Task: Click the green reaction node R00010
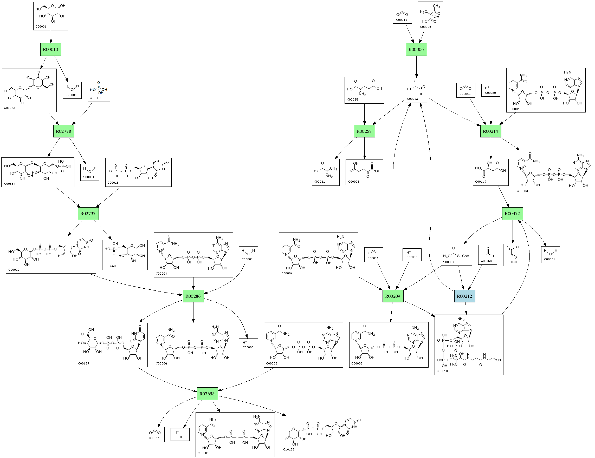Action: click(x=50, y=50)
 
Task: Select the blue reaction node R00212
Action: click(x=464, y=296)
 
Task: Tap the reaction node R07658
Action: click(x=207, y=394)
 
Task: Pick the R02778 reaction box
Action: click(x=63, y=131)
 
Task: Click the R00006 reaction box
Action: click(x=416, y=50)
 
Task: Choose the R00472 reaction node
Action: click(x=512, y=214)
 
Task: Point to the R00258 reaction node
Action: click(x=364, y=131)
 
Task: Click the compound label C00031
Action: click(x=41, y=27)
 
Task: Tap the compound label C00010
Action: click(x=442, y=371)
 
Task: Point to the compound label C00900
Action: click(x=425, y=27)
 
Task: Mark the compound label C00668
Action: click(x=110, y=266)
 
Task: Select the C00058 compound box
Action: click(x=487, y=255)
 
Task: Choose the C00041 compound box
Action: click(x=326, y=172)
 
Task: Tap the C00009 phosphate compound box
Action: click(x=99, y=90)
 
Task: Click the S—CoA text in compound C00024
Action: click(x=463, y=256)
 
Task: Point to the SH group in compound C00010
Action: click(x=498, y=360)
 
